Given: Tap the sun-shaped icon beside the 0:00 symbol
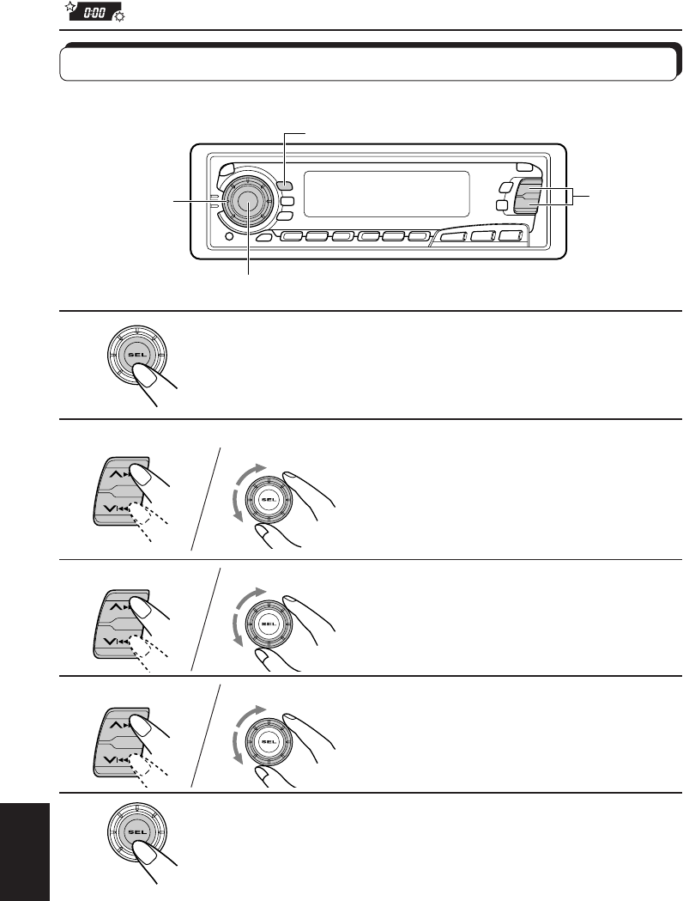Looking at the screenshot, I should pyautogui.click(x=118, y=18).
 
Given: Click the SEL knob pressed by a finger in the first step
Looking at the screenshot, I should pyautogui.click(x=134, y=355).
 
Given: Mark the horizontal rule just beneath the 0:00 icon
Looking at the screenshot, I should pyautogui.click(x=369, y=31).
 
